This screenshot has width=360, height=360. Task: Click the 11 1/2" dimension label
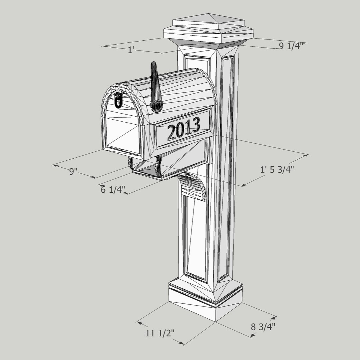pyautogui.click(x=160, y=333)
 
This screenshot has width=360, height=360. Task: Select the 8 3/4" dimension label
pyautogui.click(x=263, y=326)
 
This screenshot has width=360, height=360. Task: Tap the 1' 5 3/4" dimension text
pyautogui.click(x=277, y=170)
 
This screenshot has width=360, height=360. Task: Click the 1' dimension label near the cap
pyautogui.click(x=131, y=50)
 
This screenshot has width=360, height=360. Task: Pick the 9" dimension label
pyautogui.click(x=73, y=171)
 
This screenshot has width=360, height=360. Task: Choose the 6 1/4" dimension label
pyautogui.click(x=113, y=190)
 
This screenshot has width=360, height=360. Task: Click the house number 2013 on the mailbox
pyautogui.click(x=183, y=128)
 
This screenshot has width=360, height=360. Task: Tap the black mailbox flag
pyautogui.click(x=155, y=83)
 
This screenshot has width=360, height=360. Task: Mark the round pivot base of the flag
pyautogui.click(x=157, y=105)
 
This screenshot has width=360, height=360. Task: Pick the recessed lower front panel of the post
pyautogui.click(x=196, y=237)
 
